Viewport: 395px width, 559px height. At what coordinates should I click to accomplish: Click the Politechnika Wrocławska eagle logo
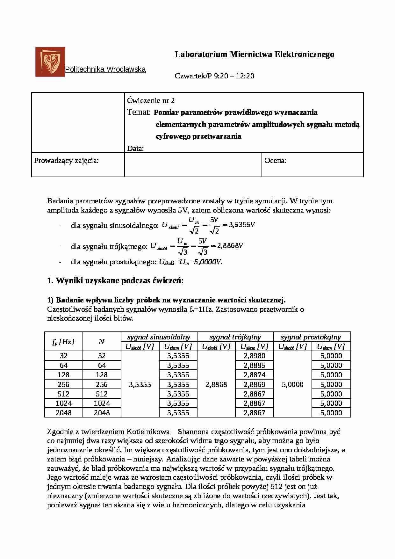click(x=50, y=62)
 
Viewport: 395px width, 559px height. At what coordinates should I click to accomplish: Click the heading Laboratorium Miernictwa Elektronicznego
click(x=255, y=54)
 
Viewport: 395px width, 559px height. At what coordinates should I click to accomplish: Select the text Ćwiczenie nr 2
click(x=151, y=101)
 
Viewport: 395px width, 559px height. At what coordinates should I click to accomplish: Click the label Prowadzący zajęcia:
click(x=66, y=161)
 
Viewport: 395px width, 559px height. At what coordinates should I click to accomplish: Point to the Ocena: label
click(x=275, y=161)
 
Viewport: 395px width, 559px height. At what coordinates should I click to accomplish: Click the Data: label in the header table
click(x=135, y=149)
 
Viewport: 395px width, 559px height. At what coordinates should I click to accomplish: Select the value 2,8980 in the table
click(x=254, y=356)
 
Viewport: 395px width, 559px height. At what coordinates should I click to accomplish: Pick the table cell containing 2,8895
click(x=254, y=366)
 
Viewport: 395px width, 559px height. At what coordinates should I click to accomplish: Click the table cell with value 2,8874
click(x=254, y=375)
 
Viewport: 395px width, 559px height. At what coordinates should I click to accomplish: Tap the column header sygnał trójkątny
click(x=235, y=337)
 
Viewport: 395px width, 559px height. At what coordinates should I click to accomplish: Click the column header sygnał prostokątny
click(x=311, y=337)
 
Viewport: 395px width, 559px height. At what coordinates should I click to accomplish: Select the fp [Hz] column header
click(x=63, y=342)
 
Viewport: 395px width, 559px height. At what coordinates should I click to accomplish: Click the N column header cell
click(x=102, y=342)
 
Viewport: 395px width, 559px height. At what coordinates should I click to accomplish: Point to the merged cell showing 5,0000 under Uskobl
click(x=292, y=385)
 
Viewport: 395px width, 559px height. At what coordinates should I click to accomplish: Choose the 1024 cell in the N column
click(x=102, y=403)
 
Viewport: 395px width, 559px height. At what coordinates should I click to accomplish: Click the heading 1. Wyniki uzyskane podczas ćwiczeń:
click(x=115, y=281)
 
